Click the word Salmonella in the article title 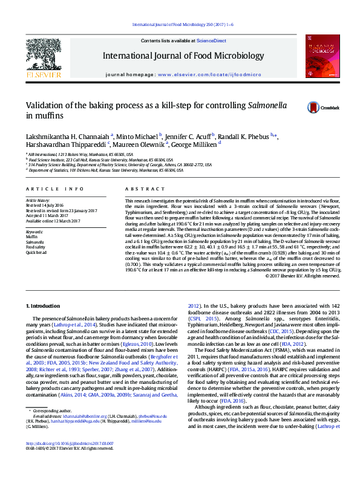pos(252,105)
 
